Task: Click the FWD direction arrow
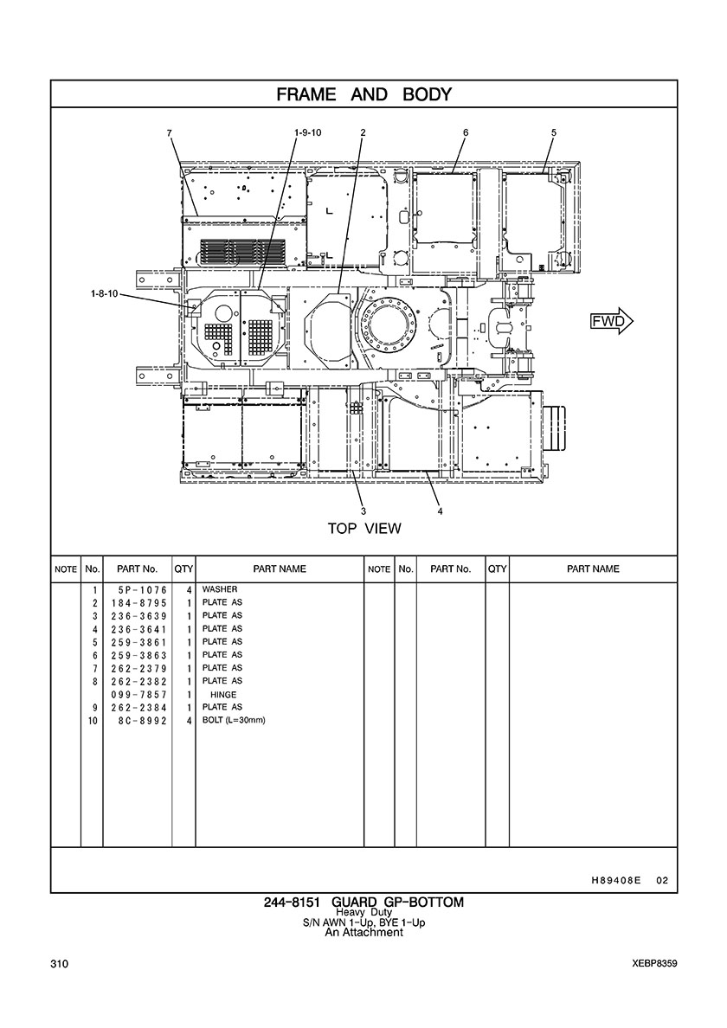[612, 321]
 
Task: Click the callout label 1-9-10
[308, 132]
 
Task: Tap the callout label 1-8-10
[104, 293]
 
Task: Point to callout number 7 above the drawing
[169, 132]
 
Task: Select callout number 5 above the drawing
[554, 132]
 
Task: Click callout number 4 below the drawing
[440, 511]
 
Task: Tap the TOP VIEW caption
[364, 529]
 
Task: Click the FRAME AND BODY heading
[363, 93]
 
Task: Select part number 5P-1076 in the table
[139, 590]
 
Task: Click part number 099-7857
[139, 695]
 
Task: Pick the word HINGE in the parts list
[223, 695]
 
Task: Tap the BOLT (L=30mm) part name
[234, 721]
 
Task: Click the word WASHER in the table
[220, 589]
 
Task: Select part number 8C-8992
[139, 721]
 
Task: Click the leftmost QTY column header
[183, 569]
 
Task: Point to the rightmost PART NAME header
[593, 569]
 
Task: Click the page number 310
[59, 964]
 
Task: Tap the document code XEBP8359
[655, 964]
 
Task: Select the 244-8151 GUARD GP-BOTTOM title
[363, 903]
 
